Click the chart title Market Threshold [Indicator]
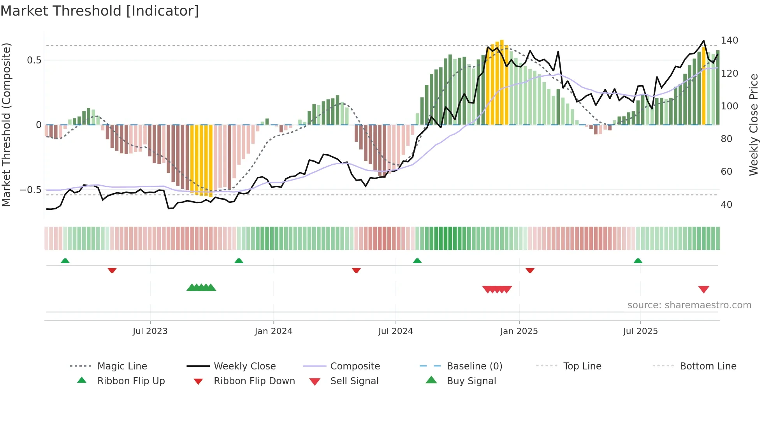click(x=100, y=11)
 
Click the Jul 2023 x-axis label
click(x=150, y=331)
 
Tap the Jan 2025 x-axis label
click(x=519, y=331)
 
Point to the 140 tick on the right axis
click(x=729, y=40)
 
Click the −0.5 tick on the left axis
click(x=30, y=190)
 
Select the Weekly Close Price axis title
click(x=754, y=125)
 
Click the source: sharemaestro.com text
click(x=689, y=305)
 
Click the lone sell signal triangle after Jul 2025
click(x=703, y=289)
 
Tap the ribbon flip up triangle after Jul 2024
click(x=417, y=261)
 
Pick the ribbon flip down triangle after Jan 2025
click(x=530, y=270)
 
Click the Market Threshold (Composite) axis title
click(x=6, y=125)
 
